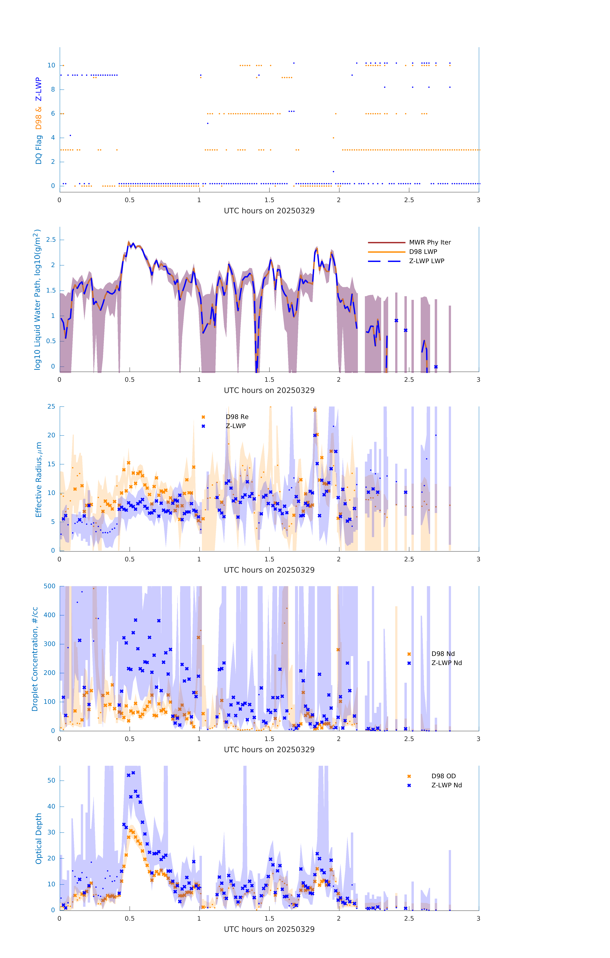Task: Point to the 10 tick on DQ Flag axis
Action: point(51,65)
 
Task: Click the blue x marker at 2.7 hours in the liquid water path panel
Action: point(436,367)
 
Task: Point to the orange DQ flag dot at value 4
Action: point(333,138)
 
